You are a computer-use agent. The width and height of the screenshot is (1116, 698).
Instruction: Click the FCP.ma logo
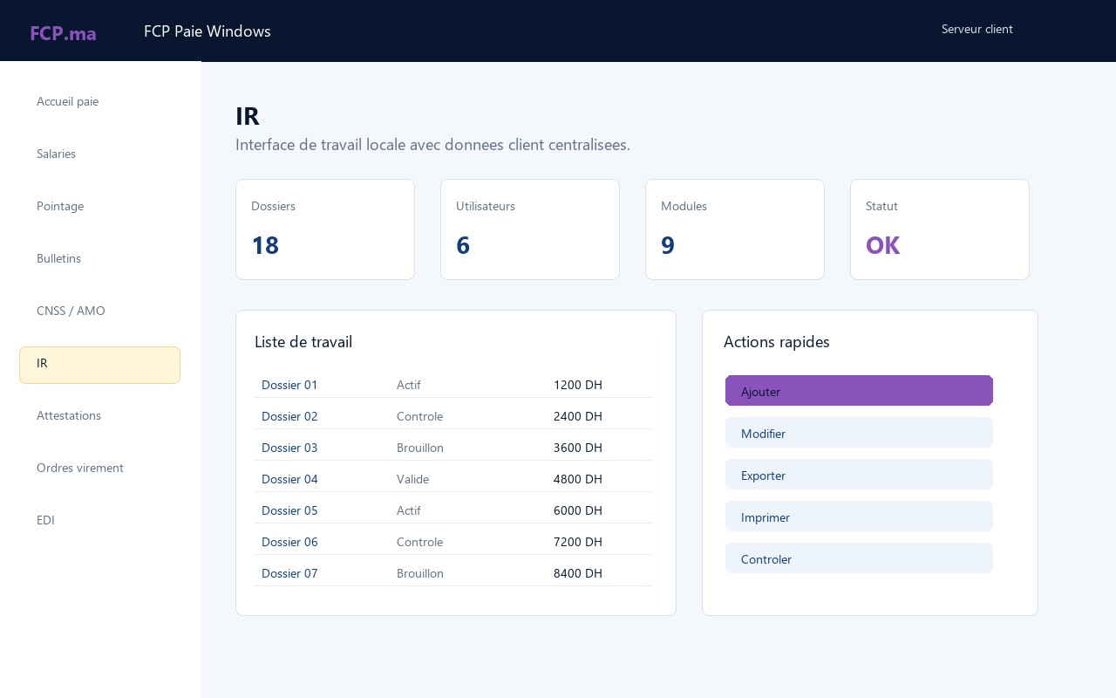tap(63, 33)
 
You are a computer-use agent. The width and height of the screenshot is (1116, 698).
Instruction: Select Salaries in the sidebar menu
tap(56, 154)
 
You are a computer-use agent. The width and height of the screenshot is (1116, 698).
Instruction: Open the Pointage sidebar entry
tap(60, 206)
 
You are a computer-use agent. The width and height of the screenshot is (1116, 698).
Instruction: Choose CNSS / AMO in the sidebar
tap(71, 311)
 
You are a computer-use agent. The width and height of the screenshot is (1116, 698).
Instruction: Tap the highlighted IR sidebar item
tap(99, 365)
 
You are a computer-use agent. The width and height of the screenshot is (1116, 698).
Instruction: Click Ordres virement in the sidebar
tap(79, 468)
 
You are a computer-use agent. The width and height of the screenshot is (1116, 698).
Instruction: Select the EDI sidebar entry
tap(45, 520)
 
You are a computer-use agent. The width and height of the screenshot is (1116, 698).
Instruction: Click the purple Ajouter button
tap(859, 390)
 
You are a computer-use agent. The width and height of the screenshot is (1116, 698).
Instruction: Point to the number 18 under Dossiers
tap(265, 245)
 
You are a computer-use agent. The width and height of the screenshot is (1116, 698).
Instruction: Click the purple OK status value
tap(882, 245)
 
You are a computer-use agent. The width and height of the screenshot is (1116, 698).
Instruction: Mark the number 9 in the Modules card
tap(668, 245)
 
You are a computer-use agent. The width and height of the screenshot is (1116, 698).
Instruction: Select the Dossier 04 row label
tap(289, 479)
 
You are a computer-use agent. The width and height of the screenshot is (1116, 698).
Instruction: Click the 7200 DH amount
tap(577, 542)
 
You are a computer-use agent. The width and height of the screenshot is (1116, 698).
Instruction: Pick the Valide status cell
tap(412, 479)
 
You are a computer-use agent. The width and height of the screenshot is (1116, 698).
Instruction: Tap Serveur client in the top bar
tap(976, 29)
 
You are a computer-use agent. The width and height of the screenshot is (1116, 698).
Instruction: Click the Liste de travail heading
tap(303, 341)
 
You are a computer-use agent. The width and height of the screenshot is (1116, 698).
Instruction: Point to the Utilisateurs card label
tap(486, 206)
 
